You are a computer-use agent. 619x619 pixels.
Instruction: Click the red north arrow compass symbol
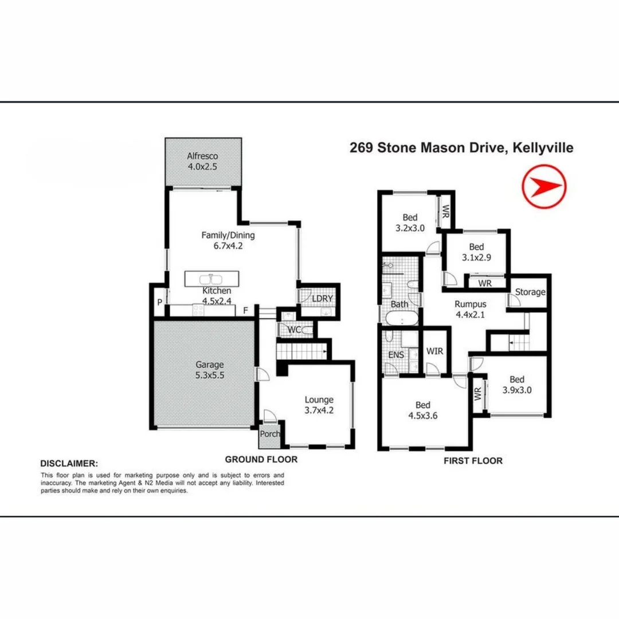(544, 186)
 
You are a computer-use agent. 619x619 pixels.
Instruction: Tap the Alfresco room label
(202, 156)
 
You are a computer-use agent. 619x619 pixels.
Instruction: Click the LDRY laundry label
(322, 299)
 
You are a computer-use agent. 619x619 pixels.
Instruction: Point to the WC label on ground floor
(295, 330)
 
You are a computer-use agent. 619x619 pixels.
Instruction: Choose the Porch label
(270, 434)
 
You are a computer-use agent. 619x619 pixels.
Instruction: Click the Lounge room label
(319, 399)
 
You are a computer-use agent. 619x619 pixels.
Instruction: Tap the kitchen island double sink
(212, 280)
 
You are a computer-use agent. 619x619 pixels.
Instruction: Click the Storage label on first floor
(530, 292)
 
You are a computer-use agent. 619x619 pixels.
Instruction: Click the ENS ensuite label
(396, 355)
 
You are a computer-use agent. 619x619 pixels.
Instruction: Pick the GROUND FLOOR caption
(261, 459)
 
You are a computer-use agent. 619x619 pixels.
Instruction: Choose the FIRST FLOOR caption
(473, 461)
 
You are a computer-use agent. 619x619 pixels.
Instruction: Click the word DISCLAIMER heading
(69, 463)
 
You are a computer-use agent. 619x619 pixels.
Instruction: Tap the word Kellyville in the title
(540, 148)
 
